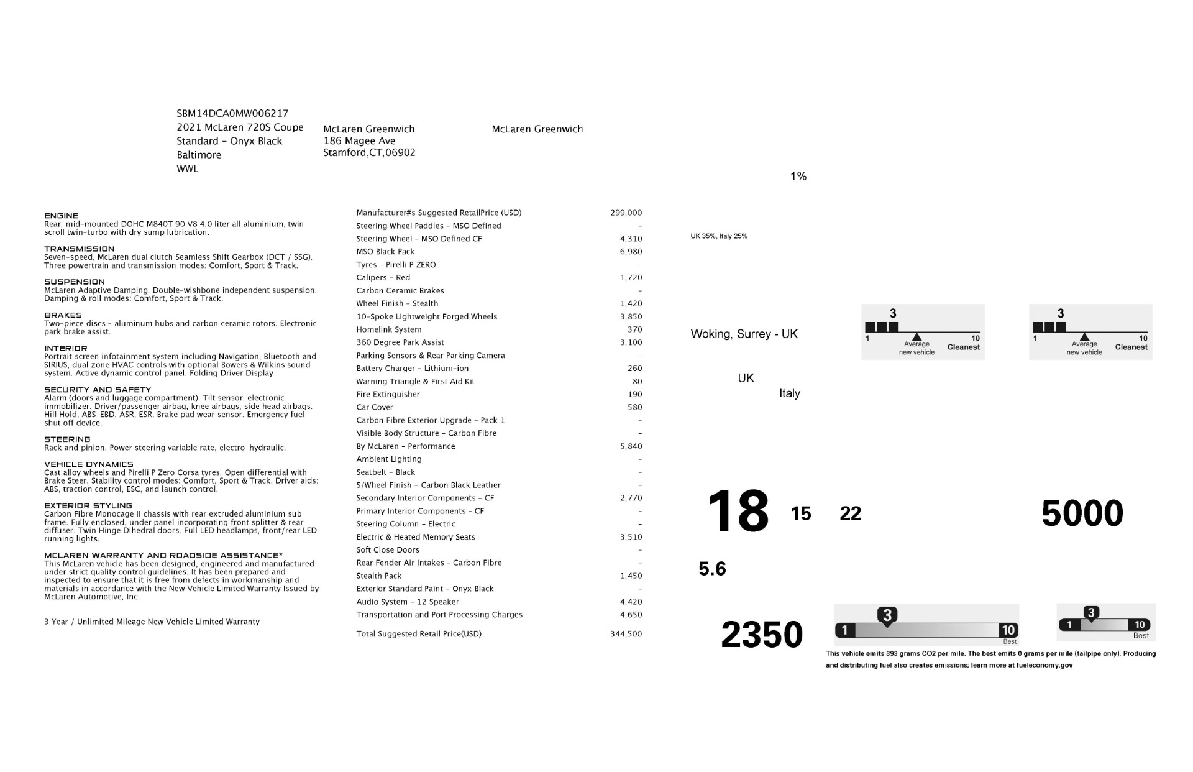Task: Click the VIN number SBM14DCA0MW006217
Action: (232, 113)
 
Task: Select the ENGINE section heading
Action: (62, 216)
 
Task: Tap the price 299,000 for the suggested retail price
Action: (626, 213)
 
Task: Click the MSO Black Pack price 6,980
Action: (631, 252)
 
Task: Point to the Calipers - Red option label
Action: (383, 278)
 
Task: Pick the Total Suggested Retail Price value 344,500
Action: (626, 634)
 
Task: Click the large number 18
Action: (738, 511)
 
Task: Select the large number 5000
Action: (1082, 513)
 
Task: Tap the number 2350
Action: (762, 635)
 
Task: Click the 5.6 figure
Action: (712, 569)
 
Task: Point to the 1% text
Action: (798, 177)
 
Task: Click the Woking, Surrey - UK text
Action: (744, 334)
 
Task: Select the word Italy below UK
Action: (789, 393)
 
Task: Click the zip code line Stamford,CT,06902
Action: (369, 153)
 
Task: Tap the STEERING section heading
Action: (67, 439)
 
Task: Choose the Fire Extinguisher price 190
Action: (634, 395)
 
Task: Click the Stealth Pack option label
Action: (378, 576)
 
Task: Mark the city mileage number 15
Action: (801, 514)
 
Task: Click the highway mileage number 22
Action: (850, 514)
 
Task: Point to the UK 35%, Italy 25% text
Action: (719, 236)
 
